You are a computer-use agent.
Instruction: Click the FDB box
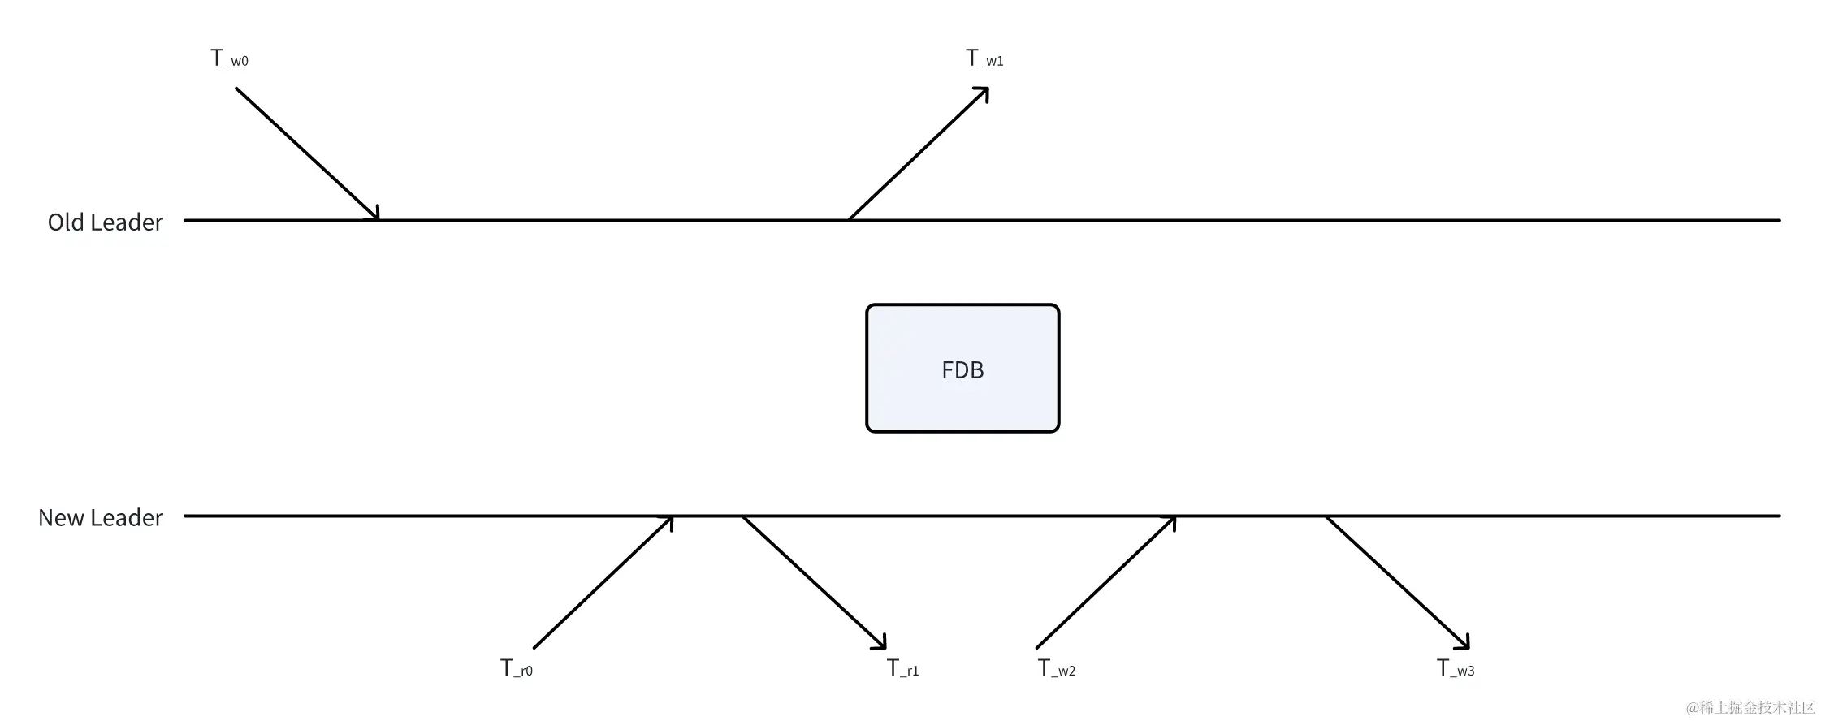click(962, 369)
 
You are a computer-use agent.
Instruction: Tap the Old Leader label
click(105, 222)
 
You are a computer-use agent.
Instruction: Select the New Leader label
click(100, 518)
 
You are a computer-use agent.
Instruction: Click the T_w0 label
click(229, 58)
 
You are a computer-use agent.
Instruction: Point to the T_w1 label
click(984, 58)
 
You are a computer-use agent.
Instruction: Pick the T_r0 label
click(517, 668)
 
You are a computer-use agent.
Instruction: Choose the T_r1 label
click(902, 668)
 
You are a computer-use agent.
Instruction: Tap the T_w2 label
click(1057, 668)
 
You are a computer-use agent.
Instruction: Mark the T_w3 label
click(1456, 668)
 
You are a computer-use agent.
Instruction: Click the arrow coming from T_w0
click(307, 154)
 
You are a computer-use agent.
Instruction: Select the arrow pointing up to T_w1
click(918, 154)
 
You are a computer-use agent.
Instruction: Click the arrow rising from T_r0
click(603, 583)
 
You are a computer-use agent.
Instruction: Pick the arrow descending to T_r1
click(814, 583)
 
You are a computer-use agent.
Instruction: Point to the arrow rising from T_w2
click(1105, 583)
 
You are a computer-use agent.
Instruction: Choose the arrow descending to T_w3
click(1397, 583)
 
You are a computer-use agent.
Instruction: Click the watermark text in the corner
click(1750, 707)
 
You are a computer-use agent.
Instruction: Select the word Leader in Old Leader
click(128, 222)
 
